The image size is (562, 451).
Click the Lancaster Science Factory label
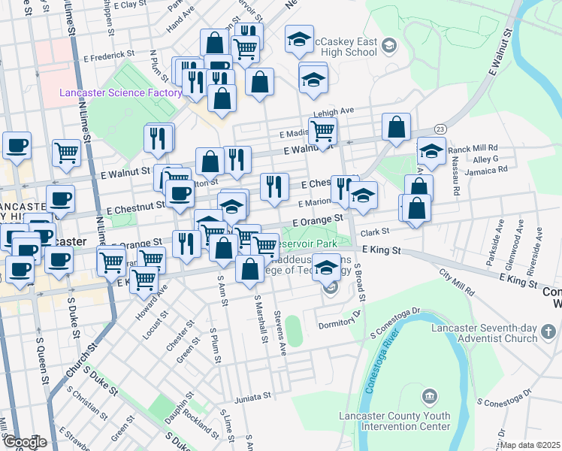pyautogui.click(x=121, y=92)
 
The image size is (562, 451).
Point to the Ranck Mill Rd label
pyautogui.click(x=473, y=149)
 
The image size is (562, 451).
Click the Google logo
pyautogui.click(x=25, y=442)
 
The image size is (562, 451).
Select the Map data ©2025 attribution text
pyautogui.click(x=530, y=445)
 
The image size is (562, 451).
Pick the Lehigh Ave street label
pyautogui.click(x=334, y=110)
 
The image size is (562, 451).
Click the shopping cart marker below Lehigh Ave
pyautogui.click(x=322, y=131)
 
